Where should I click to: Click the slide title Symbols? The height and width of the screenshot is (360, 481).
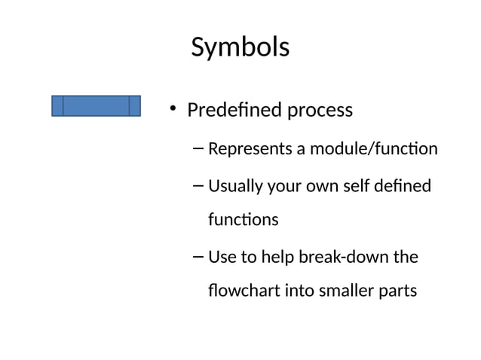click(240, 47)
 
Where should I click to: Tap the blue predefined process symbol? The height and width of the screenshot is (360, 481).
click(96, 105)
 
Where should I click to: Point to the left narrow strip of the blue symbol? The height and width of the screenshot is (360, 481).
click(57, 105)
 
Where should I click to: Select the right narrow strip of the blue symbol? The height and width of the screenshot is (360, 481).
click(135, 105)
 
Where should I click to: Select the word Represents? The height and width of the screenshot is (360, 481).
click(250, 149)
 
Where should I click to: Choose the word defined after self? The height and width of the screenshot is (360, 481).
click(405, 185)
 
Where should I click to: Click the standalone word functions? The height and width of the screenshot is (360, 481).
click(243, 220)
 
